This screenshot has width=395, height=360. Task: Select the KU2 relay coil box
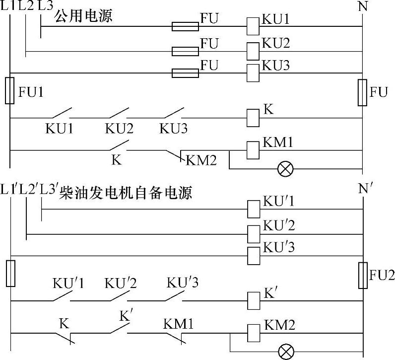253,51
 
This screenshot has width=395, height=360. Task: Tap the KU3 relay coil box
253,73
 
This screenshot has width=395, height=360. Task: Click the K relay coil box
253,118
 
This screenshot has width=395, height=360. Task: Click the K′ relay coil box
254,300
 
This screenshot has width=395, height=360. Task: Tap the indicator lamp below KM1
285,169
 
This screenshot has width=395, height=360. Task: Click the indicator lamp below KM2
285,352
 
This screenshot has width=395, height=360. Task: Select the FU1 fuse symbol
9,90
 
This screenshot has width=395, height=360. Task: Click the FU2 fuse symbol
363,276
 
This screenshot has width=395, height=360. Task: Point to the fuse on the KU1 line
185,26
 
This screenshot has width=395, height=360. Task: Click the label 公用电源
84,16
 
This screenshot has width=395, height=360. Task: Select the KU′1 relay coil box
254,209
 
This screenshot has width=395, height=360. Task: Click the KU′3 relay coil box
254,255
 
